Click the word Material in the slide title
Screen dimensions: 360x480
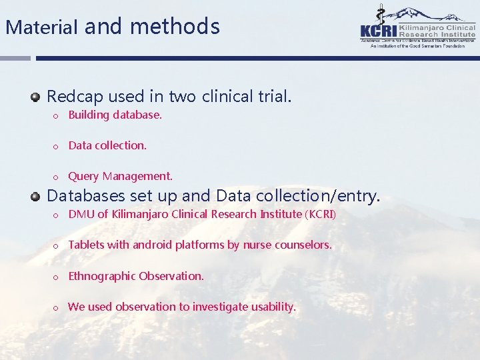pyautogui.click(x=43, y=27)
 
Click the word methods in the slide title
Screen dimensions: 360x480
pyautogui.click(x=175, y=27)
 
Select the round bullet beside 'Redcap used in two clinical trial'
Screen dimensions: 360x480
pyautogui.click(x=35, y=97)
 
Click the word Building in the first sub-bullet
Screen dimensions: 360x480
pyautogui.click(x=89, y=115)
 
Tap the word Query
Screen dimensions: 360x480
pyautogui.click(x=83, y=177)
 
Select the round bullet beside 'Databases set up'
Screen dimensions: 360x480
pyautogui.click(x=35, y=196)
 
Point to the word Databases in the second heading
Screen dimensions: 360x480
pyautogui.click(x=86, y=196)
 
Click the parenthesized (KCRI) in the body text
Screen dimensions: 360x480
pyautogui.click(x=320, y=214)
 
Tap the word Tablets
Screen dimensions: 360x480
pyautogui.click(x=86, y=245)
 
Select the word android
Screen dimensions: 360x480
pyautogui.click(x=152, y=245)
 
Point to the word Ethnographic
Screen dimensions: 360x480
pyautogui.click(x=101, y=276)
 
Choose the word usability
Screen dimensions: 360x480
pyautogui.click(x=271, y=307)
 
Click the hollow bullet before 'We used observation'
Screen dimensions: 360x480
pyautogui.click(x=57, y=307)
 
